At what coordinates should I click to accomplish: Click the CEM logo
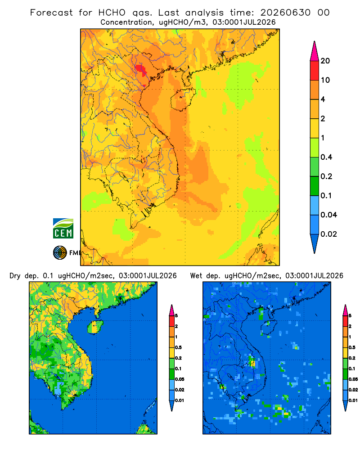pyautogui.click(x=63, y=229)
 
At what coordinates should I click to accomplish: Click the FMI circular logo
pyautogui.click(x=60, y=252)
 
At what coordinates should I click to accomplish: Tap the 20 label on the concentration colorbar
pyautogui.click(x=325, y=61)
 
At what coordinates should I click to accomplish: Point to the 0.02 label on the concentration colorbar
pyautogui.click(x=328, y=234)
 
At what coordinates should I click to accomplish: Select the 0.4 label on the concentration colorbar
pyautogui.click(x=326, y=157)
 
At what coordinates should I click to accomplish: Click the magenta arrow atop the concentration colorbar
pyautogui.click(x=315, y=51)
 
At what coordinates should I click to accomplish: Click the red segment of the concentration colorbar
pyautogui.click(x=315, y=71)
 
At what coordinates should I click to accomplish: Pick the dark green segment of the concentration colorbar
pyautogui.click(x=315, y=186)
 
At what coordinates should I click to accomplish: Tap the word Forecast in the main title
pyautogui.click(x=51, y=13)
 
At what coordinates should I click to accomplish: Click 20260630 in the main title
pyautogui.click(x=285, y=13)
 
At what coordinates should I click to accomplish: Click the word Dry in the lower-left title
pyautogui.click(x=15, y=276)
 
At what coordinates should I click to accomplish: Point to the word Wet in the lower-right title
pyautogui.click(x=196, y=276)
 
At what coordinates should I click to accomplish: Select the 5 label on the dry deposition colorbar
pyautogui.click(x=176, y=316)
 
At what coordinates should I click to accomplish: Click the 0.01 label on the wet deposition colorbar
pyautogui.click(x=353, y=400)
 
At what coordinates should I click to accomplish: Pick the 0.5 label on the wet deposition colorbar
pyautogui.click(x=351, y=347)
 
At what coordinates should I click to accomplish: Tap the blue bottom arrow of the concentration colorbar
pyautogui.click(x=315, y=243)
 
